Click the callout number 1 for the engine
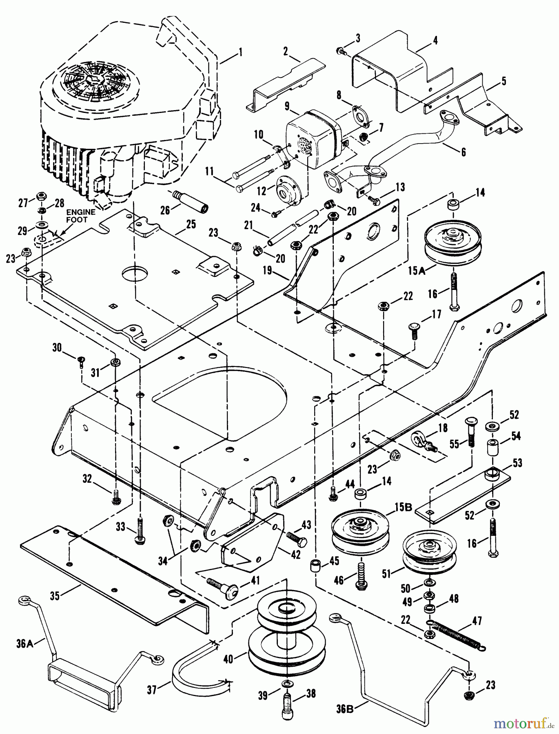click(x=240, y=52)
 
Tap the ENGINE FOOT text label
click(x=81, y=216)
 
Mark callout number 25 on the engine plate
click(x=191, y=224)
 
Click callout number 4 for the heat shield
click(x=435, y=41)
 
